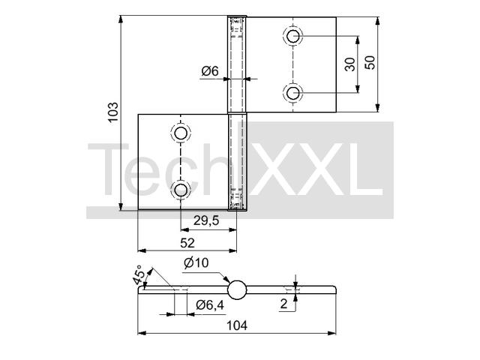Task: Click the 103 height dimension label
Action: (113, 112)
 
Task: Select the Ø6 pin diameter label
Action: (210, 71)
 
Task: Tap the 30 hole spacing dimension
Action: (350, 64)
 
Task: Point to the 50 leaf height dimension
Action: (370, 62)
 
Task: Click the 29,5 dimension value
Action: (206, 220)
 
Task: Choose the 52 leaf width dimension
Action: (187, 243)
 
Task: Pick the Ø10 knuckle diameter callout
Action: (196, 262)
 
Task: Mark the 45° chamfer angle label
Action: (138, 275)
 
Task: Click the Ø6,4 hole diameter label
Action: (210, 305)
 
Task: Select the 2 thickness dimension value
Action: (283, 304)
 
